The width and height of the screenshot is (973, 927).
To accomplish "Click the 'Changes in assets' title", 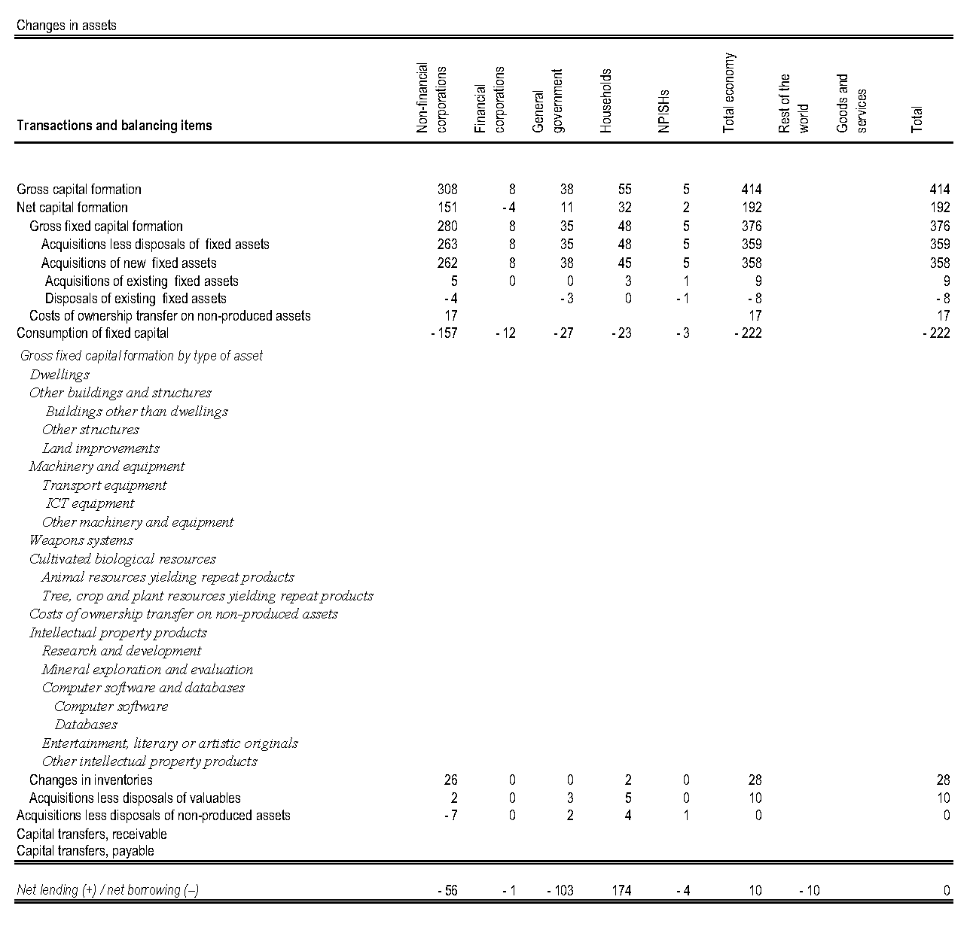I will tap(66, 25).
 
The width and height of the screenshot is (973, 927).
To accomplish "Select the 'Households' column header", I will tap(606, 101).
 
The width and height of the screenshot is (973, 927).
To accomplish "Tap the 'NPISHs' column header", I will tap(663, 111).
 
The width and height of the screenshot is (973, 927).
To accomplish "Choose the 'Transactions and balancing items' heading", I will tap(114, 126).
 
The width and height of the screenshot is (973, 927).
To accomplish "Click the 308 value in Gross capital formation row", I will tap(447, 190).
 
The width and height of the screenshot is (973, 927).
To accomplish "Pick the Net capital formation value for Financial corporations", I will tap(508, 208).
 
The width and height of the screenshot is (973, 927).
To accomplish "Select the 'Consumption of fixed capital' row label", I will tap(93, 333).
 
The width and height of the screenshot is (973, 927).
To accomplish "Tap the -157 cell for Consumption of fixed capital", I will tap(444, 333).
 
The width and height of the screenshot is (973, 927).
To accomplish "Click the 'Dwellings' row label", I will tap(59, 375).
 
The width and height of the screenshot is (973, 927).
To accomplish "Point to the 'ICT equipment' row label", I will tap(90, 503).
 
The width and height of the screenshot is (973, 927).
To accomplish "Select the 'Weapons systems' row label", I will tap(81, 540).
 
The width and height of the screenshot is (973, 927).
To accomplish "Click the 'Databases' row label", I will tap(86, 725).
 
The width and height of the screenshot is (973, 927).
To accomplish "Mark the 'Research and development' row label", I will tap(122, 651).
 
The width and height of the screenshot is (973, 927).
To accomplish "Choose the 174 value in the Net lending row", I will tap(621, 891).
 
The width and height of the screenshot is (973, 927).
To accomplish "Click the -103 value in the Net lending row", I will tap(560, 891).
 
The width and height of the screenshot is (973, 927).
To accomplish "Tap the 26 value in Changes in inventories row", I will tap(450, 780).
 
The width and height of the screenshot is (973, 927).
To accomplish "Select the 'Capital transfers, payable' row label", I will tap(85, 851).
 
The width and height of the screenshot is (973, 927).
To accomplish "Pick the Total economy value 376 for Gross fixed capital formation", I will tap(751, 226).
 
